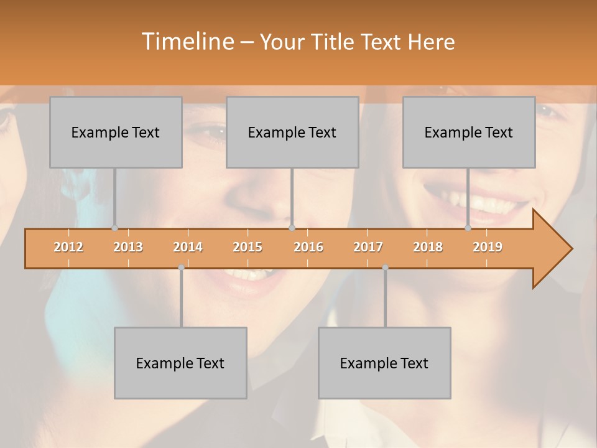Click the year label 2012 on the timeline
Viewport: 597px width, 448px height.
pos(68,247)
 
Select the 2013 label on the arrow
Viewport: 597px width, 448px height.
pos(128,247)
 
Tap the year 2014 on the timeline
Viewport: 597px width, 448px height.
pos(188,247)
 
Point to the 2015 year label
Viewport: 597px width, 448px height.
pos(248,247)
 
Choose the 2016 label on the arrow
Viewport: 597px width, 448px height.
pos(308,247)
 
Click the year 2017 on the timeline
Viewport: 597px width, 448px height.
pos(368,247)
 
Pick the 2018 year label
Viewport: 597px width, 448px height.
pos(428,247)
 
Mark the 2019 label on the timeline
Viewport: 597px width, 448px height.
pos(488,247)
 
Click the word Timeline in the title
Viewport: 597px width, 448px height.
pos(187,42)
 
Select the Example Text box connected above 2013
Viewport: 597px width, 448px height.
pos(116,132)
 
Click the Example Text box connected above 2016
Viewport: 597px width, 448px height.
pos(292,132)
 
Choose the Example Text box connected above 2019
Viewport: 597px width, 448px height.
pos(469,132)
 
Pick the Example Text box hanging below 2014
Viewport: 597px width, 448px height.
pos(180,363)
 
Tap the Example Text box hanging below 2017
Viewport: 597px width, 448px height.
pos(384,363)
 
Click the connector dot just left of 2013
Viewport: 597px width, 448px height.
pos(114,228)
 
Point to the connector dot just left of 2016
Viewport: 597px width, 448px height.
pos(292,228)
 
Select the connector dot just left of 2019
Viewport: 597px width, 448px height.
pos(468,228)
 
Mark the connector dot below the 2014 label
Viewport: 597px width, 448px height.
pos(181,268)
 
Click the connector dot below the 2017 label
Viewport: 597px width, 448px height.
pos(385,268)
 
